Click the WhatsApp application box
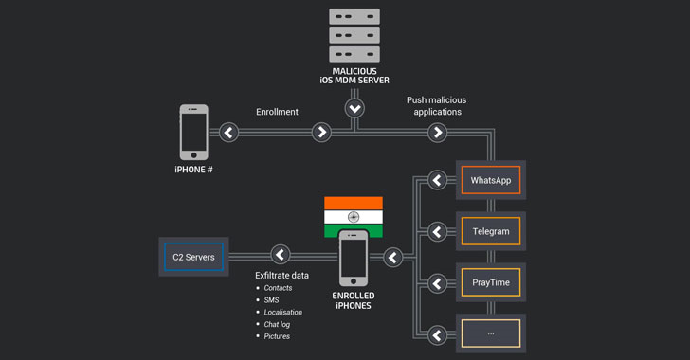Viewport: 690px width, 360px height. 491,180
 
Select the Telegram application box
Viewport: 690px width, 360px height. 491,231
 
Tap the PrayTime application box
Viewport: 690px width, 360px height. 491,282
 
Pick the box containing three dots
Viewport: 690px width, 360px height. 491,333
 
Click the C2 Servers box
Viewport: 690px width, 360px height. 193,257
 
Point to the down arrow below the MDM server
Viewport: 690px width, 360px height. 354,108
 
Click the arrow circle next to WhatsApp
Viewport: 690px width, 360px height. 437,180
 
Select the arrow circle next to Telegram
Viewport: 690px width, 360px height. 437,231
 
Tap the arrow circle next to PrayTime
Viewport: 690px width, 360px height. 437,283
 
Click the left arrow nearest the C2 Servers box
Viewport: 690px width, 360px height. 281,254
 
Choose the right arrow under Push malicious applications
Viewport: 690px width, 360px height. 438,132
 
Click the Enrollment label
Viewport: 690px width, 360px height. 277,112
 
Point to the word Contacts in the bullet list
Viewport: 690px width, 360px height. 278,288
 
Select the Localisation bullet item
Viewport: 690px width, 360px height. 283,312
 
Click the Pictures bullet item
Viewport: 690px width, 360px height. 277,336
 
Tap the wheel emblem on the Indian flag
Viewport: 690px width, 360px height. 354,217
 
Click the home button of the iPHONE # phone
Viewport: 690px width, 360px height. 193,155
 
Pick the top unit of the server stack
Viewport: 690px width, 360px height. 354,16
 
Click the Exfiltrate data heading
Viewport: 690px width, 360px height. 282,276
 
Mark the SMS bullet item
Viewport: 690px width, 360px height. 271,300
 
